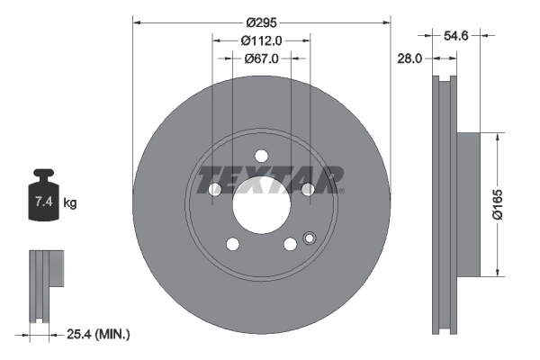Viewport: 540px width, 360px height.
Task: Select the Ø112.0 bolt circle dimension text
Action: point(262,40)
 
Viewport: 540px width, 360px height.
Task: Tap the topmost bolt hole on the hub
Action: point(262,155)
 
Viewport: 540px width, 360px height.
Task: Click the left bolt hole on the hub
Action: point(215,189)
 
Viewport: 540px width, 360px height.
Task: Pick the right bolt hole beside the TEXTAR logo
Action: point(308,189)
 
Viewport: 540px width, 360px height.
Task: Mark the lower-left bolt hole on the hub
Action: point(233,244)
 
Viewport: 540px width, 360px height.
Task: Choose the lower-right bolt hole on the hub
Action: point(290,244)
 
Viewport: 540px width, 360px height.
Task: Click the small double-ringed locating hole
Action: point(310,239)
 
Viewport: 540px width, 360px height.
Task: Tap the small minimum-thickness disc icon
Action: point(47,286)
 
